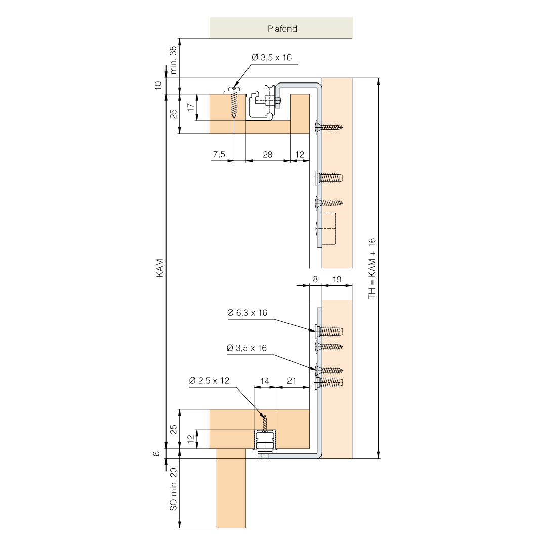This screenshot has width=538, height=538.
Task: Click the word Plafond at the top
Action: (282, 29)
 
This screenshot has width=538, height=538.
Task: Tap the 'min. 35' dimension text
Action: (173, 60)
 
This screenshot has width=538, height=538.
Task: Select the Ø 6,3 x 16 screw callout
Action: (247, 313)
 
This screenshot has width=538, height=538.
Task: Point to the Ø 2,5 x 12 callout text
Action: (209, 381)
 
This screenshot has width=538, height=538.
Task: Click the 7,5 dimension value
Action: (219, 154)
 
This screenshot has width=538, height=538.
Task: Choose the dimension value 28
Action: (268, 155)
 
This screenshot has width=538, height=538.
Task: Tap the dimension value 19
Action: (337, 280)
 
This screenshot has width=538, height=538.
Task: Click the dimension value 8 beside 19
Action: (315, 280)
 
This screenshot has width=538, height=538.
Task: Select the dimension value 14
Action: (265, 381)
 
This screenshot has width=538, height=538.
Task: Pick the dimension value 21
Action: (292, 381)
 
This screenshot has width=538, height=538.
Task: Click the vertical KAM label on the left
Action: (160, 268)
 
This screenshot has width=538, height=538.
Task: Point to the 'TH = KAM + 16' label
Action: (372, 268)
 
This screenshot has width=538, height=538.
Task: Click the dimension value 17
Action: (191, 107)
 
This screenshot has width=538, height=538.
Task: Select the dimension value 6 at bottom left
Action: (157, 453)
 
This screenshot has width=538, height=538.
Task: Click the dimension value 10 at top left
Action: (158, 86)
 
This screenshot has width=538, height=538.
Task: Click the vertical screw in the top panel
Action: (234, 103)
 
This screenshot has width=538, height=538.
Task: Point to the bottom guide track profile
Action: (265, 441)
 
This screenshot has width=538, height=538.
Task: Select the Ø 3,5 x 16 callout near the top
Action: (271, 58)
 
